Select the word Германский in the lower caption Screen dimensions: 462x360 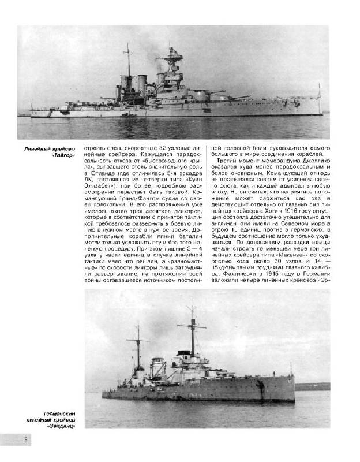pos(60,412)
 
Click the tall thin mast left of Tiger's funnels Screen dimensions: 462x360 pos(128,64)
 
